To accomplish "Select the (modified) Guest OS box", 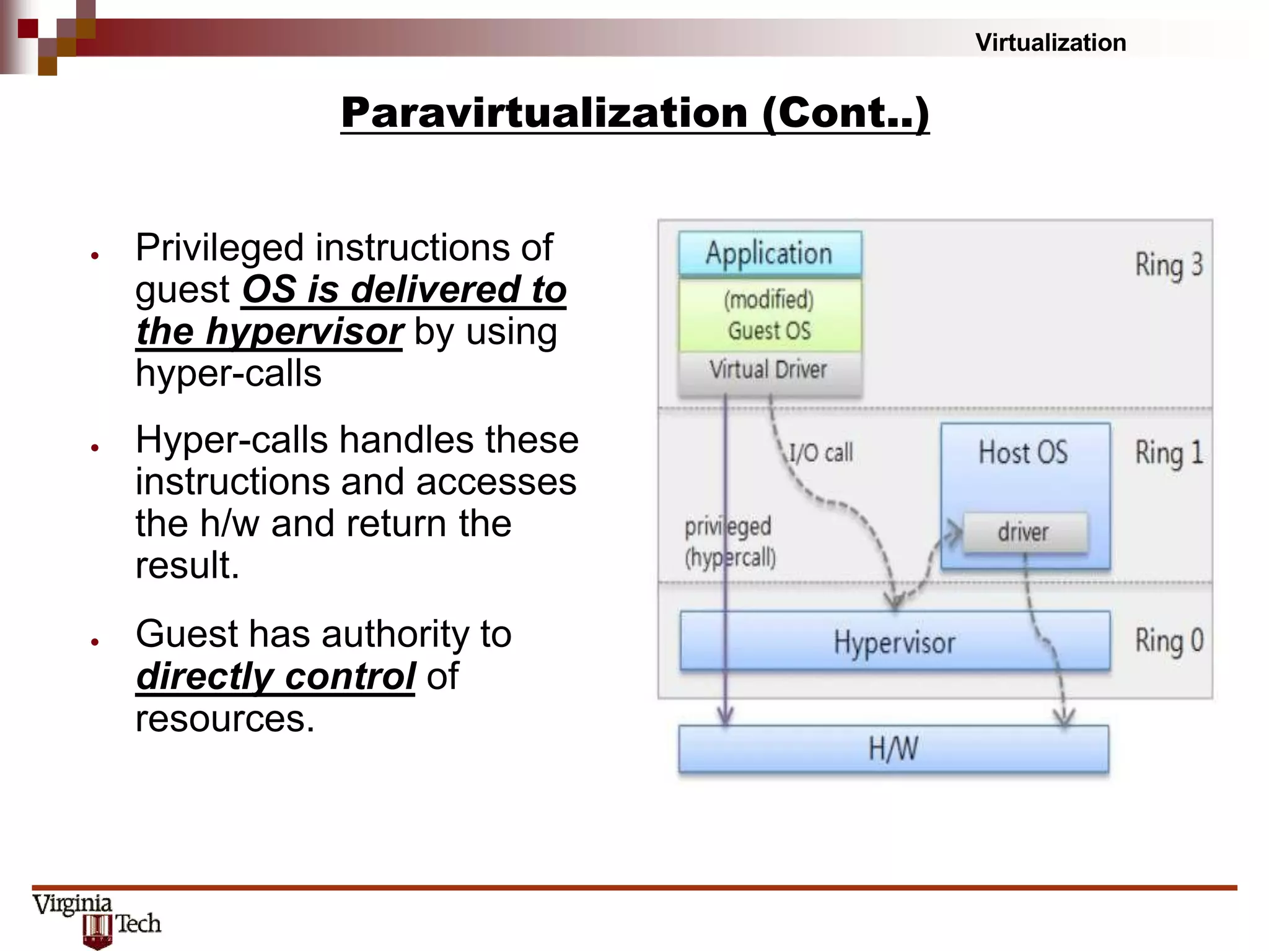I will (770, 315).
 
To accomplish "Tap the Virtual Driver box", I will (770, 370).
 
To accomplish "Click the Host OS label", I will (1024, 452).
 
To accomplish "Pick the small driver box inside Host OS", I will (1024, 532).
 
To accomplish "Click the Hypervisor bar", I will (894, 641).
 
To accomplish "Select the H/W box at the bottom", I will (893, 749).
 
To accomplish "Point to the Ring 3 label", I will (1169, 264).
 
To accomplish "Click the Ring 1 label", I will (1169, 453).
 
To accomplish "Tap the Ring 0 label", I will (1169, 641).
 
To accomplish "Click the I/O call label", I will (820, 453).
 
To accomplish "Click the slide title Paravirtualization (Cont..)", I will (634, 113).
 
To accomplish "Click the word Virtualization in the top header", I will (1050, 43).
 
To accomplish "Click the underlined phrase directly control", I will (276, 676).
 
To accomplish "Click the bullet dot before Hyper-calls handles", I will (95, 448).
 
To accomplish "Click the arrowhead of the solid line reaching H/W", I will (725, 718).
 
